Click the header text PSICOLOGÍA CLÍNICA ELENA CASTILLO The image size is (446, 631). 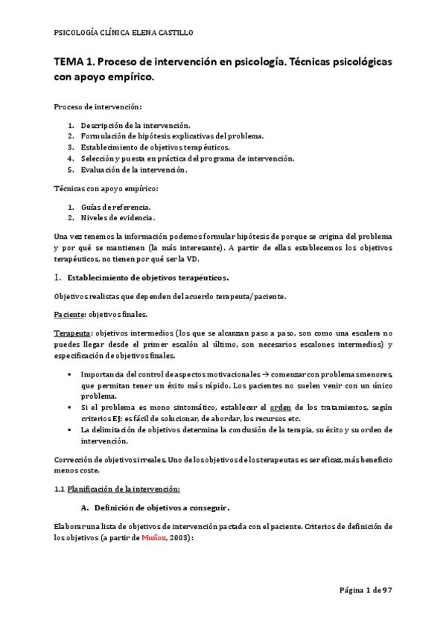[123, 33]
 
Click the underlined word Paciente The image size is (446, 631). [70, 315]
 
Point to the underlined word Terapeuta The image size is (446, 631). [73, 333]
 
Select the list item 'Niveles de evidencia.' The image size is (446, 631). [118, 217]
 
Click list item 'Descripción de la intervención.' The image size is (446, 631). [136, 125]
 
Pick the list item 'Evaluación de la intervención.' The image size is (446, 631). [134, 170]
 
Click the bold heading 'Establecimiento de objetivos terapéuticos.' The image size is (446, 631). [148, 278]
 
